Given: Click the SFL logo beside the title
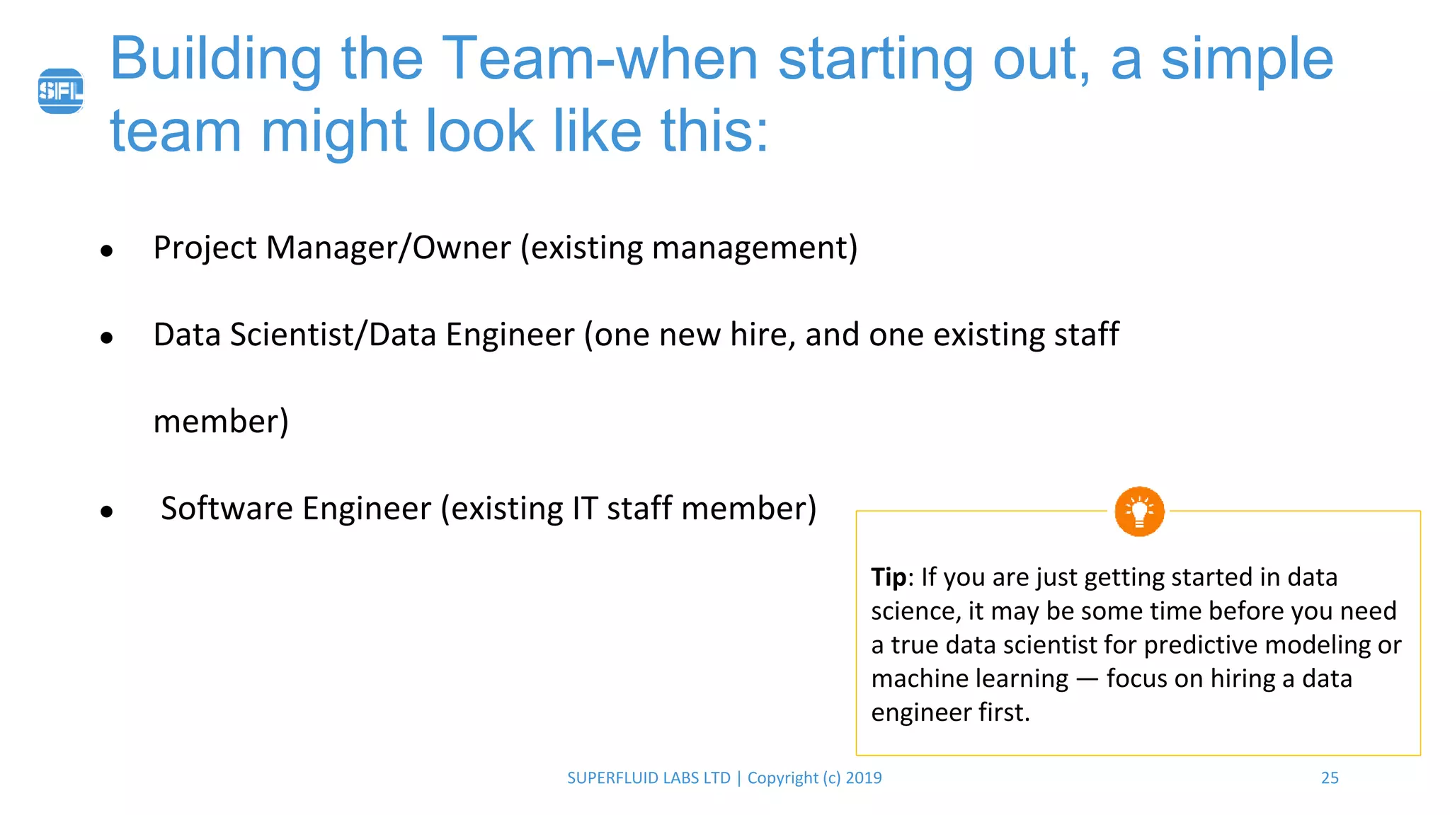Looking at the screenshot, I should tap(61, 91).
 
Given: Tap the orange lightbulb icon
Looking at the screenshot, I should tap(1139, 511).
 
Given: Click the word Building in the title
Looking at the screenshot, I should tap(216, 59).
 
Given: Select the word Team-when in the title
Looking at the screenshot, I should tap(600, 59).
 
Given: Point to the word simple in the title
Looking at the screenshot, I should tap(1247, 59).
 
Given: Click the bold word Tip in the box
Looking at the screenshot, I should tap(888, 577).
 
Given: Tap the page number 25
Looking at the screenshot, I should tap(1330, 778).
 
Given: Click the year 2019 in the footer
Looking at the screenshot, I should tap(864, 778).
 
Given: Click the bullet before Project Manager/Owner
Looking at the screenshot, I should tap(107, 250).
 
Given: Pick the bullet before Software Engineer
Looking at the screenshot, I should tap(107, 511).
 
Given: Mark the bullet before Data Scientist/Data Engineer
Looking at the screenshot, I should tap(107, 337).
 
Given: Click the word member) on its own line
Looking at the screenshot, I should tap(221, 422).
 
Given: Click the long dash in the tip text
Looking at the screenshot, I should tap(1087, 679).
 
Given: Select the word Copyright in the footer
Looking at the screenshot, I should tap(782, 778).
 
